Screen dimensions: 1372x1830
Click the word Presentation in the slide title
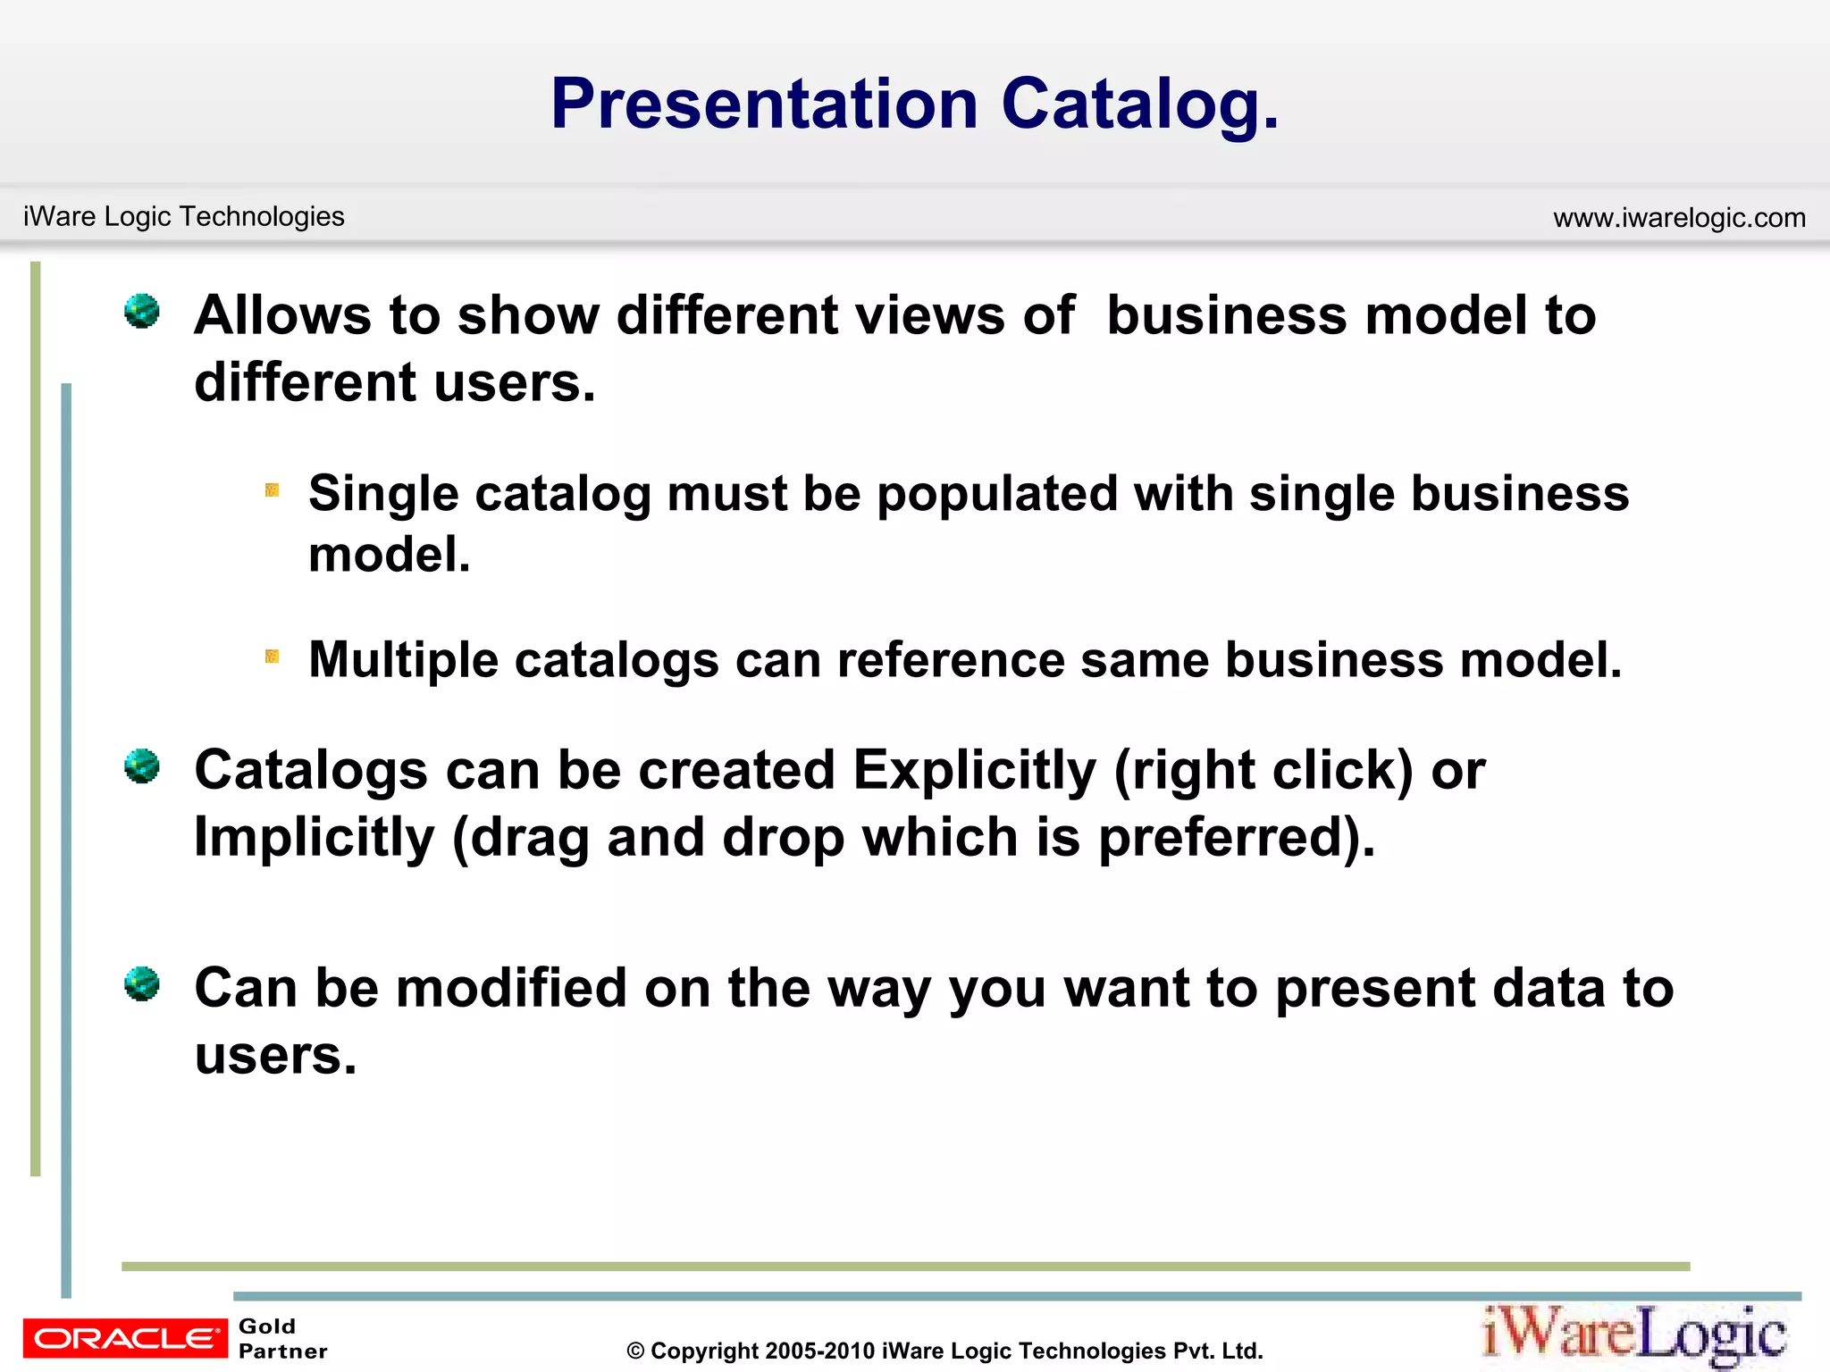(764, 105)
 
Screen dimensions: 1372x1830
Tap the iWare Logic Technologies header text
(183, 216)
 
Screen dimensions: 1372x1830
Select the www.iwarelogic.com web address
(1679, 217)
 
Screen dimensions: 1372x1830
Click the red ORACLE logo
(125, 1338)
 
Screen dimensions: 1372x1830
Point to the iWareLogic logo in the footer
(1634, 1335)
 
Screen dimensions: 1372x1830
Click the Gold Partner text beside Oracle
(282, 1338)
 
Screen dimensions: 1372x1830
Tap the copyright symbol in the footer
(635, 1351)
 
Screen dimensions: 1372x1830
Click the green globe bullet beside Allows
(142, 312)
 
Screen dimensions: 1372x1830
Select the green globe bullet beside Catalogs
(142, 766)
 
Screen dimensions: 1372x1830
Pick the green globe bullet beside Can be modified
(142, 984)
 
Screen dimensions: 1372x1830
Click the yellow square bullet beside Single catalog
(273, 489)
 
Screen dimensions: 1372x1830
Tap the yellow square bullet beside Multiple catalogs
(273, 657)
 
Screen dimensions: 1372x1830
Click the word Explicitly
(974, 770)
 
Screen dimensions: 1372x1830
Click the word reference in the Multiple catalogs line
(951, 660)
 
